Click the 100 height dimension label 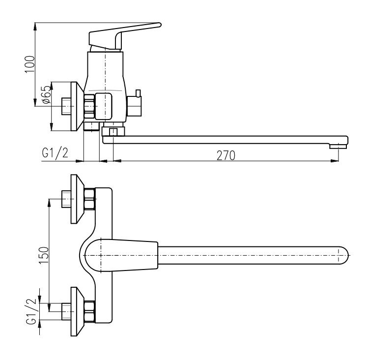30,64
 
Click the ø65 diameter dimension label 46,94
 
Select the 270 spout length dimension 226,155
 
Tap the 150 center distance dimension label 44,255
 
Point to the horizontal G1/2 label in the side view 55,153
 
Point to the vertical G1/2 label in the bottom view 31,311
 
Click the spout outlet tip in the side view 338,146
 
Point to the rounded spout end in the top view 343,255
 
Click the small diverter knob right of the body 135,104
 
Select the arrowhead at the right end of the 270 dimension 335,161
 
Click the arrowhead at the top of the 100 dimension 35,27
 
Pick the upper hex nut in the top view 89,199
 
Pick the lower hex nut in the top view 89,312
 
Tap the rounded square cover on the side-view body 103,106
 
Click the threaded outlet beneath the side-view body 91,126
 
